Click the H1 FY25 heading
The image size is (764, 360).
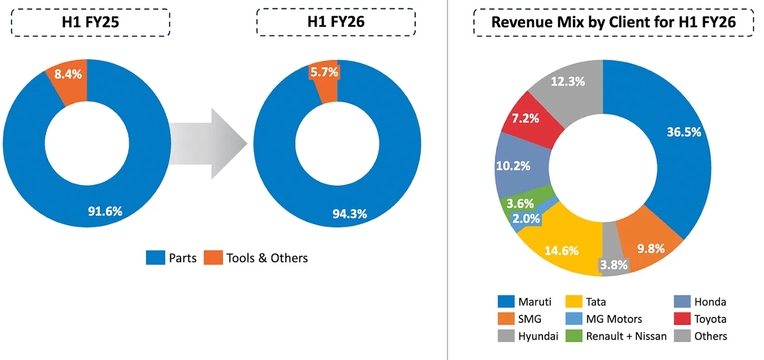[91, 22]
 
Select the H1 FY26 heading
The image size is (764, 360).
[336, 22]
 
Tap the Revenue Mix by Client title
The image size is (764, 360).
[614, 22]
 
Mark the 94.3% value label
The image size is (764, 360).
[350, 213]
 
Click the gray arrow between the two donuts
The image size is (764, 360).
[207, 143]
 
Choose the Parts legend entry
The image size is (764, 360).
[171, 258]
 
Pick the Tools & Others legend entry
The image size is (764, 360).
[256, 258]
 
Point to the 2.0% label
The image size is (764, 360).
[526, 219]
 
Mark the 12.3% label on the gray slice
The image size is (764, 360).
[567, 82]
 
